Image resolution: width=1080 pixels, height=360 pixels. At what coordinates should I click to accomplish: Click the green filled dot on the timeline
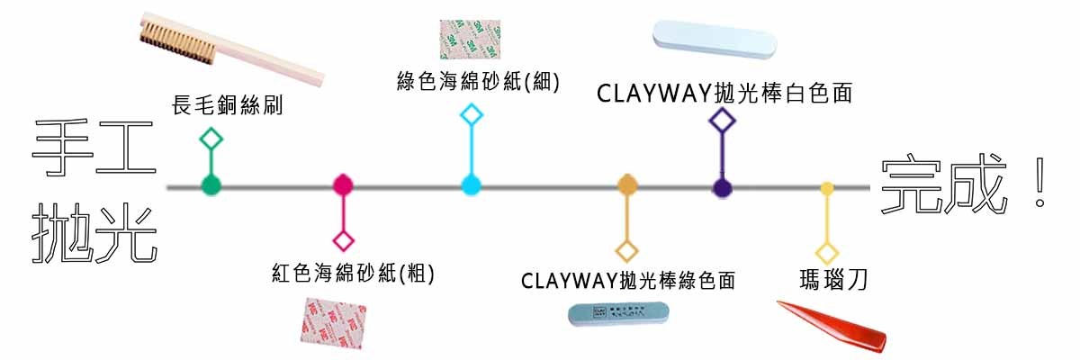click(211, 186)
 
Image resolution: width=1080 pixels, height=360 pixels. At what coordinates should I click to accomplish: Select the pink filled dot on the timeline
click(343, 185)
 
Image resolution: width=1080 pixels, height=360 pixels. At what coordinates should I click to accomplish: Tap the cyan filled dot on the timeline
click(472, 186)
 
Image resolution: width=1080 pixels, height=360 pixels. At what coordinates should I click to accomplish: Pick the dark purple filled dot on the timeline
click(722, 187)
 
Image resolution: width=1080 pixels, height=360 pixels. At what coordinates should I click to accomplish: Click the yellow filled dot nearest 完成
click(827, 188)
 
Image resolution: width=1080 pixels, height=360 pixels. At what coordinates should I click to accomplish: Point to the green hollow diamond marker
click(211, 139)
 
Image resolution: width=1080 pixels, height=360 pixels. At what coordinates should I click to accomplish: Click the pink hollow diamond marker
click(343, 241)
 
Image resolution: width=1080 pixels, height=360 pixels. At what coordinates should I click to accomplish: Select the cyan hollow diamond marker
click(472, 114)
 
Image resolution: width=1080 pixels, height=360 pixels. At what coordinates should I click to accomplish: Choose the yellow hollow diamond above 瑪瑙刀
click(827, 253)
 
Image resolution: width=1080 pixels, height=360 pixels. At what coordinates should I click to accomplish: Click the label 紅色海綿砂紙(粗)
click(353, 273)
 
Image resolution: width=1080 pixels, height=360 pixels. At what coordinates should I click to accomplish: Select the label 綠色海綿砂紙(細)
click(478, 81)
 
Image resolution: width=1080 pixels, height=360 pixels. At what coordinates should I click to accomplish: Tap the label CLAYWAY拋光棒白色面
click(724, 92)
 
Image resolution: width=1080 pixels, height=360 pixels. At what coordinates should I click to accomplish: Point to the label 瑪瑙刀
click(832, 280)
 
